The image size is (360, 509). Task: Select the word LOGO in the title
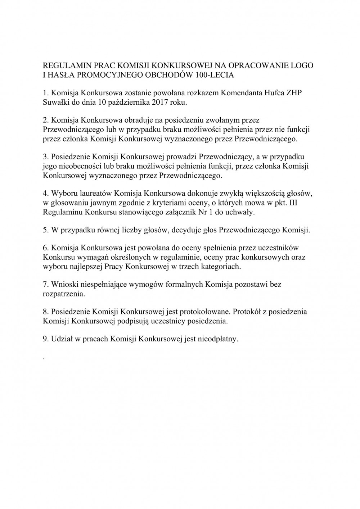click(303, 66)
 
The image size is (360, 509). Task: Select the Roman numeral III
click(303, 203)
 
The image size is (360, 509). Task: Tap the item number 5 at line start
click(45, 231)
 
